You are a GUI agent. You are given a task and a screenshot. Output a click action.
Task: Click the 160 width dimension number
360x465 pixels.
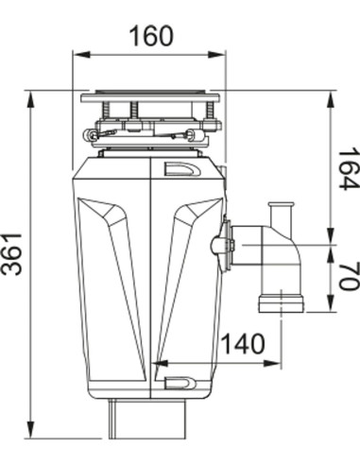pyautogui.click(x=150, y=36)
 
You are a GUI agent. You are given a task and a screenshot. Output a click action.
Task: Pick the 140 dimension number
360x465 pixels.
pyautogui.click(x=245, y=347)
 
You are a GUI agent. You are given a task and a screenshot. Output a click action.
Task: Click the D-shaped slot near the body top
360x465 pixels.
pyautogui.click(x=177, y=170)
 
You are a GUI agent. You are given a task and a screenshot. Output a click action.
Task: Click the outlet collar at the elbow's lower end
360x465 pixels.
pyautogui.click(x=281, y=302)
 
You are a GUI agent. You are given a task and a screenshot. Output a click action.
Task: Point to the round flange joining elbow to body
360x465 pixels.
pyautogui.click(x=225, y=245)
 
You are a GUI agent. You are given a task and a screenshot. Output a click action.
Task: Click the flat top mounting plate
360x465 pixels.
pyautogui.click(x=150, y=95)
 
